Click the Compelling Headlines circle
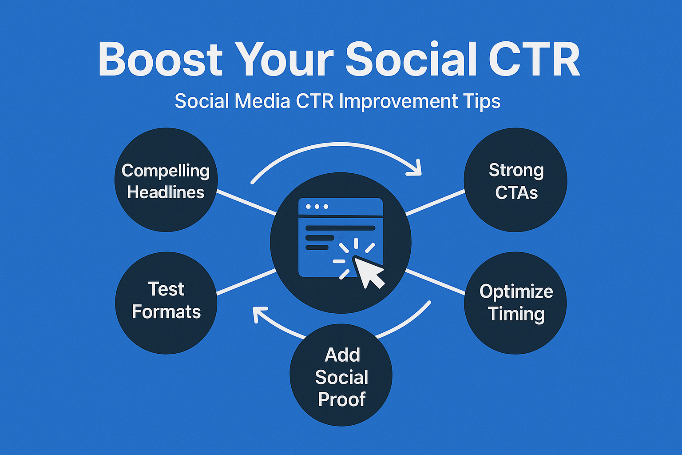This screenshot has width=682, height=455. click(166, 180)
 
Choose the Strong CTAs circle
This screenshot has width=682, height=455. click(515, 180)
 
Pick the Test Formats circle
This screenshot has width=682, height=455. click(166, 303)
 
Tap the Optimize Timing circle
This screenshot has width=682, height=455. click(515, 303)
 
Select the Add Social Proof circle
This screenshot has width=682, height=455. click(341, 375)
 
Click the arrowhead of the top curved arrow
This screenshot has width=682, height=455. click(416, 169)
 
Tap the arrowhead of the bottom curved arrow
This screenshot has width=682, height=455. click(259, 313)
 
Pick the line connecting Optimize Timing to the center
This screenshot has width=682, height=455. click(435, 282)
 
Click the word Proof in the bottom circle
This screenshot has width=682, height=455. click(341, 399)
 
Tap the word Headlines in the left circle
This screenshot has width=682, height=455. click(166, 192)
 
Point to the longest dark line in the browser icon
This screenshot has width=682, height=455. click(340, 228)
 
